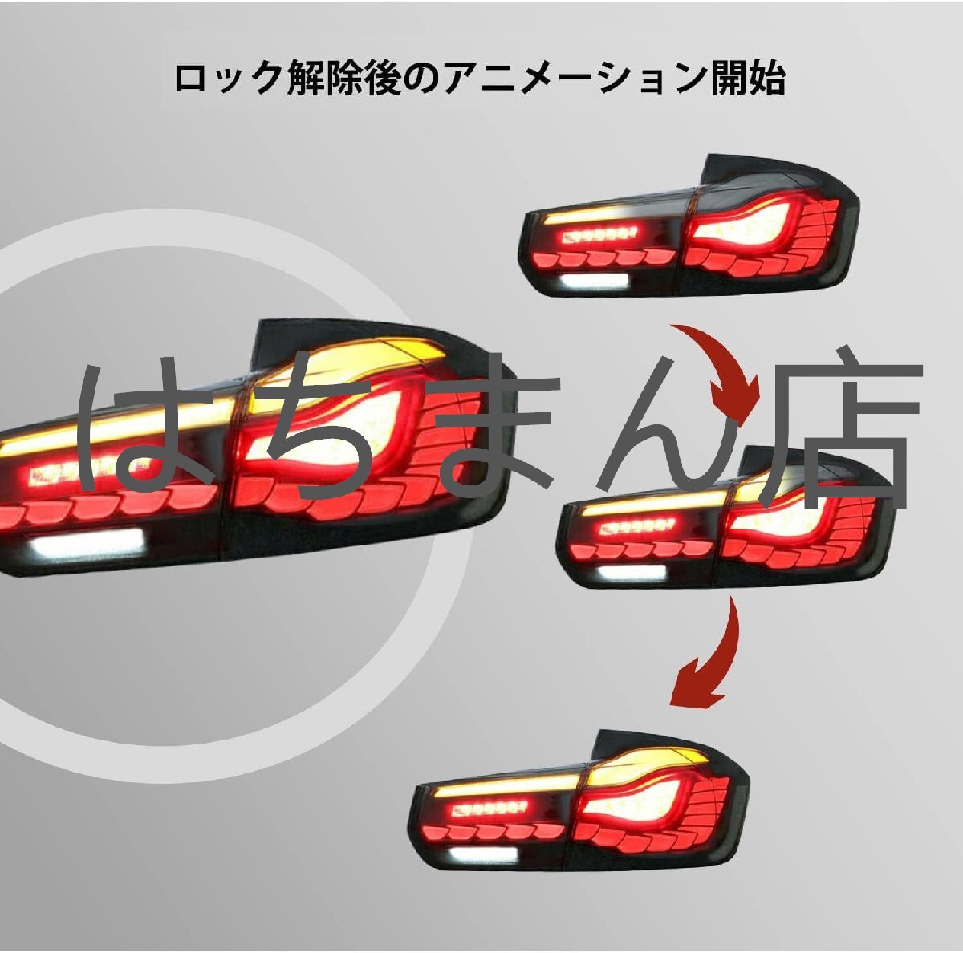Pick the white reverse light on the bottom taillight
481,854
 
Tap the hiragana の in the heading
422,79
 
